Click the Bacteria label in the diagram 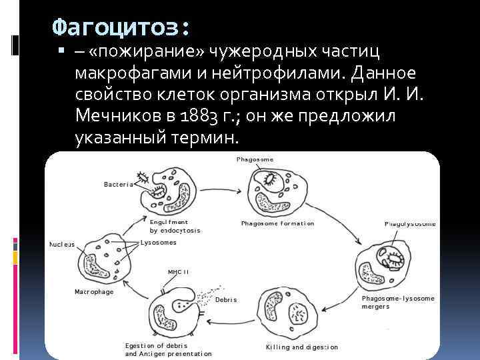point(119,185)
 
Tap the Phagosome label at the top point(254,159)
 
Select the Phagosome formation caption point(277,223)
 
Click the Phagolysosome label point(410,224)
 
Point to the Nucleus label point(62,243)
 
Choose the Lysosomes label point(159,243)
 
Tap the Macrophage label point(93,292)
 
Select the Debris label point(226,299)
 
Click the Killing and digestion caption point(301,347)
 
